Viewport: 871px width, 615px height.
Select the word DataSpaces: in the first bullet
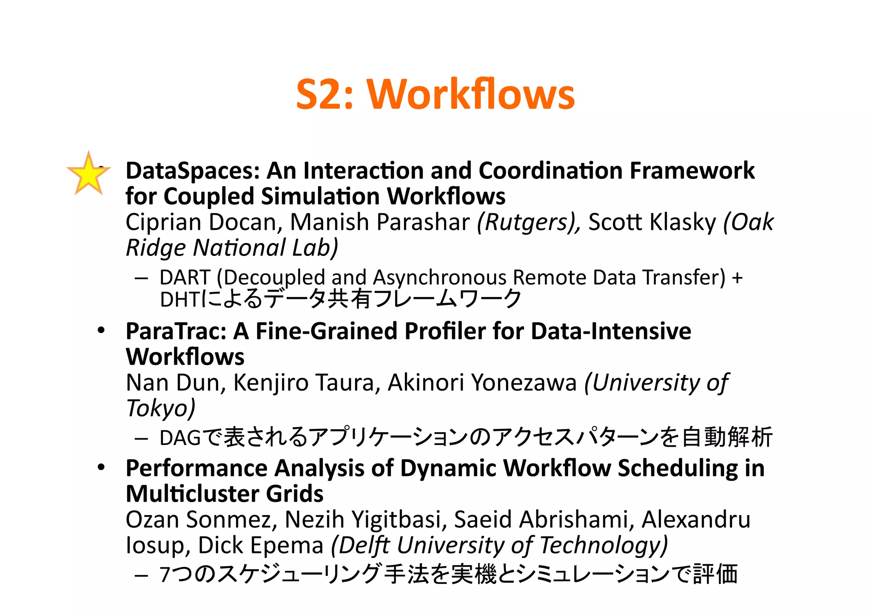(193, 171)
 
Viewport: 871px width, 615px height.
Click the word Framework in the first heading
(692, 171)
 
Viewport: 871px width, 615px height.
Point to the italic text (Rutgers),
(529, 222)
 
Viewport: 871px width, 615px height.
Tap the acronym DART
(185, 278)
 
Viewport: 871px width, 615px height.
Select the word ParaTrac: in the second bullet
(176, 331)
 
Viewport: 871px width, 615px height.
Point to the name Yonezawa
(524, 383)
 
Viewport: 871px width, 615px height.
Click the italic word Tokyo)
(161, 408)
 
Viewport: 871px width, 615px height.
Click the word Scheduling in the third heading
(677, 468)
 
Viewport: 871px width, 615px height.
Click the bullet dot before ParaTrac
(101, 330)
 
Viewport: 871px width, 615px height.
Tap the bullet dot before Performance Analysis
(101, 468)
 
